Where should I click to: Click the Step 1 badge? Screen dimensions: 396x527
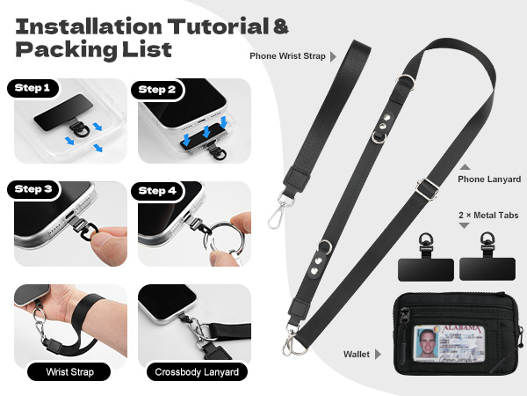33,89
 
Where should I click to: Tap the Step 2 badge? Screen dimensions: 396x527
157,90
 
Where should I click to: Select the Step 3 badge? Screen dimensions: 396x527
33,190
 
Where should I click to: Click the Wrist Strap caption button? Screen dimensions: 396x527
70,372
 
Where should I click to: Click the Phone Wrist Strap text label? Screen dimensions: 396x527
287,56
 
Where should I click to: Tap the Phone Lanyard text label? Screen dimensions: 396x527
489,179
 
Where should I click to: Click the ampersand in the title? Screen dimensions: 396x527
280,27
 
